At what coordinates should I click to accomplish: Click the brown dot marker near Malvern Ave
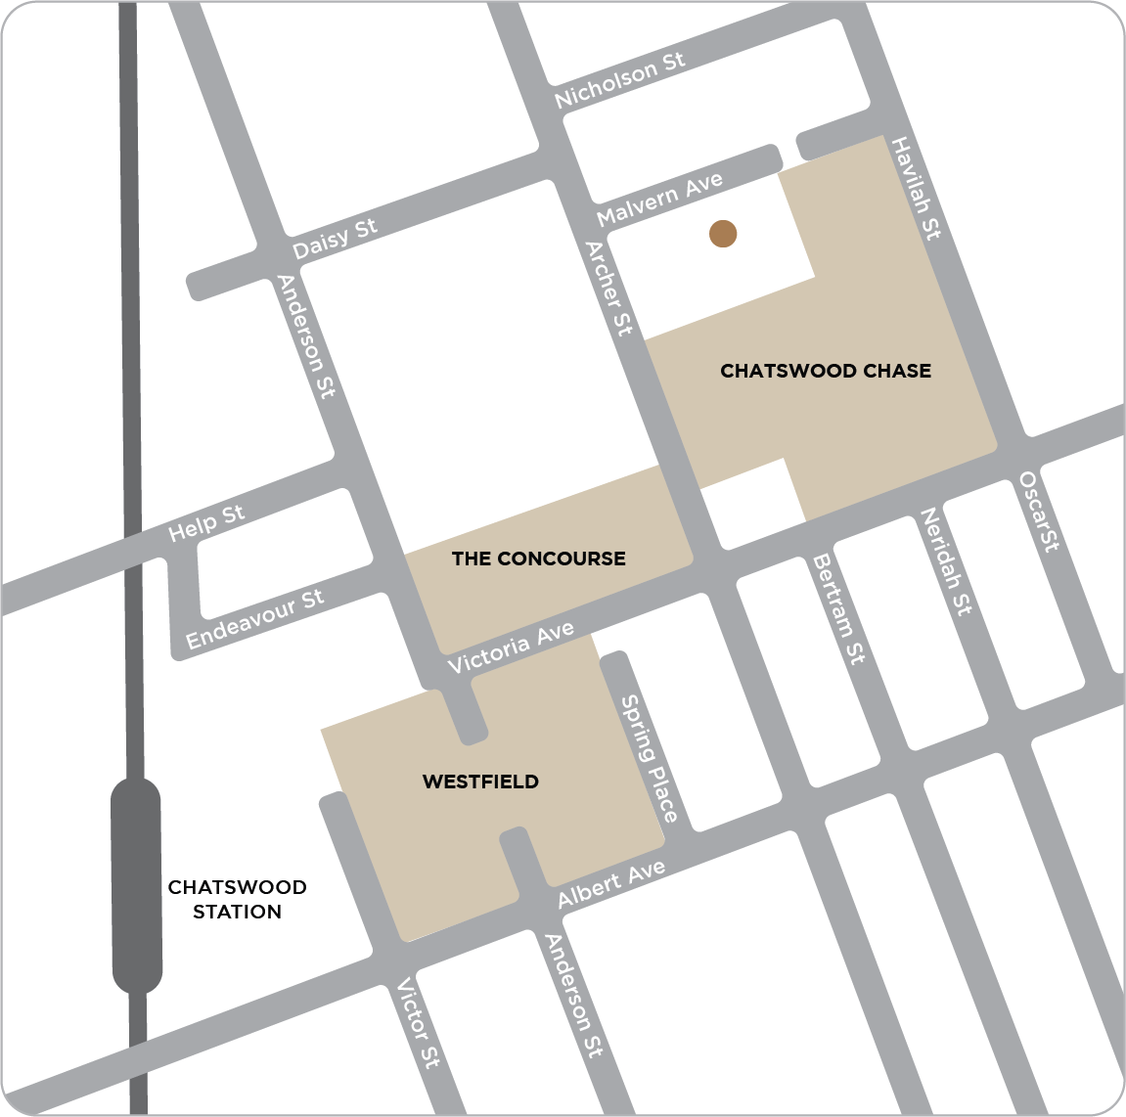tap(723, 234)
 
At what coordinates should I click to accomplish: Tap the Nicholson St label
tap(619, 79)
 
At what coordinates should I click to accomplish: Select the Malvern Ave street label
tap(660, 199)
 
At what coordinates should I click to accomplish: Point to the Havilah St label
tap(916, 188)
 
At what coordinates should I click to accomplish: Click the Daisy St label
tap(335, 239)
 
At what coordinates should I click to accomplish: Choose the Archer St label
tap(608, 289)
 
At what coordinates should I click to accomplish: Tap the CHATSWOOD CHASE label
tap(826, 371)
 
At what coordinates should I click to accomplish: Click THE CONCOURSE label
tap(538, 558)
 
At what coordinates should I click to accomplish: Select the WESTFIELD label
tap(480, 782)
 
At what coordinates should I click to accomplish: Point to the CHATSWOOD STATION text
tap(237, 899)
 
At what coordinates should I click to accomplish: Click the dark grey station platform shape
tap(136, 885)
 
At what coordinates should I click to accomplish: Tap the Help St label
tap(206, 523)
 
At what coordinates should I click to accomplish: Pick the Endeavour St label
tap(254, 619)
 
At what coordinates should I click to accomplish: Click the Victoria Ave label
tap(511, 648)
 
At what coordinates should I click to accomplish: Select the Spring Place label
tap(650, 759)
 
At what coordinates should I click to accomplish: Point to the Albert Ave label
tap(611, 884)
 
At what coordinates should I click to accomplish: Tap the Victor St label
tap(418, 1022)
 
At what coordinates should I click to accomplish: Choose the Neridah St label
tap(946, 561)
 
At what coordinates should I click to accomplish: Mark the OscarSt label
tap(1039, 512)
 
